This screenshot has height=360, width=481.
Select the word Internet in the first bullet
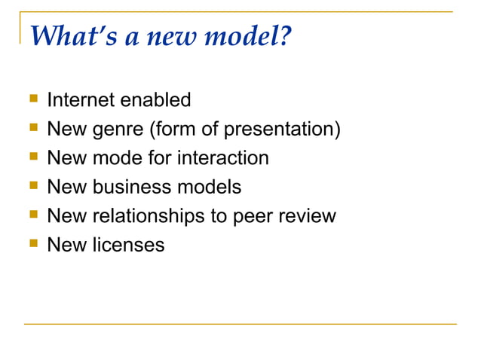click(78, 99)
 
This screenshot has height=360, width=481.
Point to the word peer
click(259, 216)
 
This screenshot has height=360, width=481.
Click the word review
click(311, 216)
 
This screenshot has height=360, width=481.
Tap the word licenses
click(128, 246)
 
